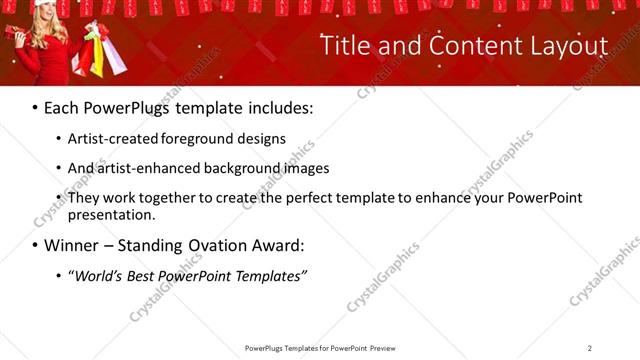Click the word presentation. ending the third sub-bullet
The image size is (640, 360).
(x=112, y=214)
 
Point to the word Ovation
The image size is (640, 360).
(x=219, y=245)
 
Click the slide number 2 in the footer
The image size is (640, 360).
(x=590, y=347)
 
